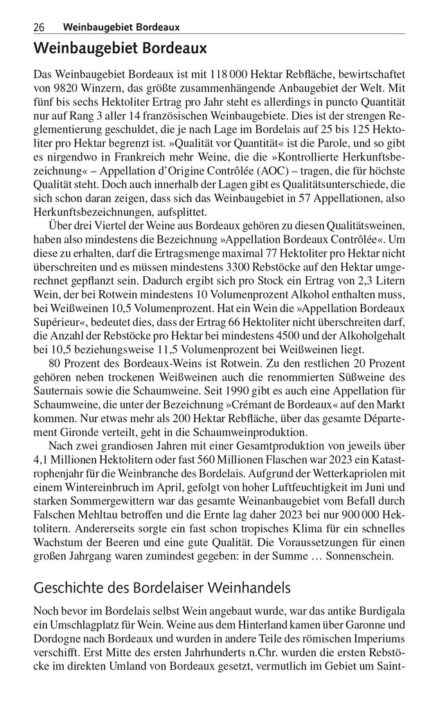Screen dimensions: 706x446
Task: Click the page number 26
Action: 39,27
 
